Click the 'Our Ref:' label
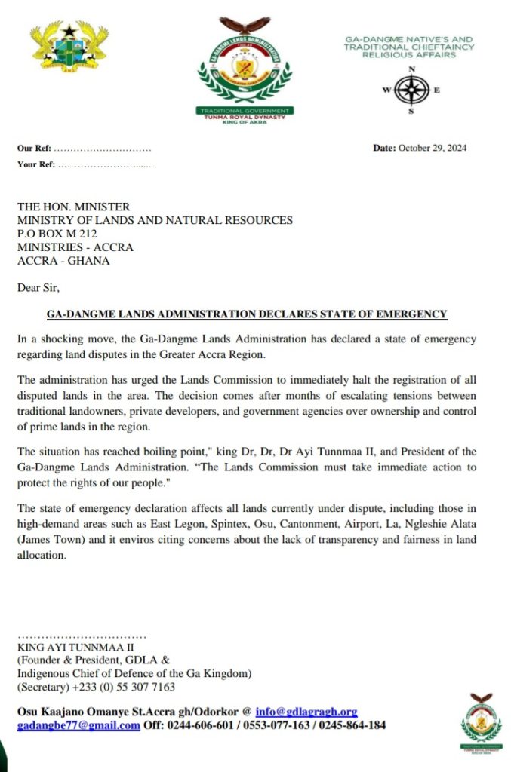[x=34, y=148]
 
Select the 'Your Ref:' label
[x=35, y=164]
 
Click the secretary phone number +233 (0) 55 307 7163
[x=124, y=687]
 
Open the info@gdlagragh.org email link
[x=306, y=712]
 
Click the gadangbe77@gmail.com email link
[x=78, y=725]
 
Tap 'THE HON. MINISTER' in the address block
[x=73, y=207]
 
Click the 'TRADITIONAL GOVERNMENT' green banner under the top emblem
[x=244, y=111]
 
